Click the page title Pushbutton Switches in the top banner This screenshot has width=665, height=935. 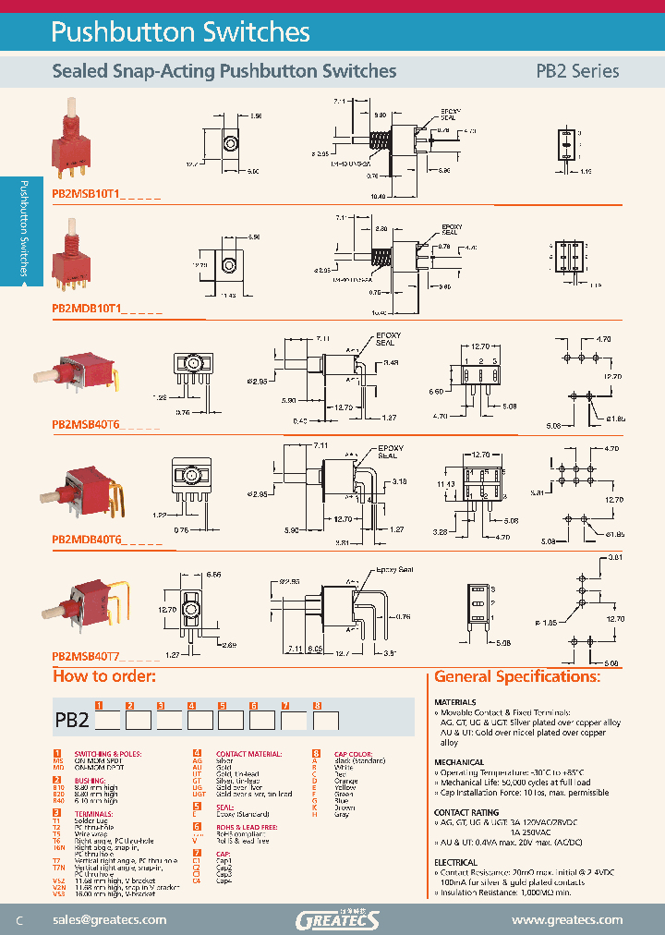pos(180,32)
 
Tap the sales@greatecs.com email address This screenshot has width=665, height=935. pos(109,919)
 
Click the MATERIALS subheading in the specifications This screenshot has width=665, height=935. pos(455,702)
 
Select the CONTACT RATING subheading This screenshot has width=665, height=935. pos(466,813)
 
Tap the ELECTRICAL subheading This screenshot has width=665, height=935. pos(456,862)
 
